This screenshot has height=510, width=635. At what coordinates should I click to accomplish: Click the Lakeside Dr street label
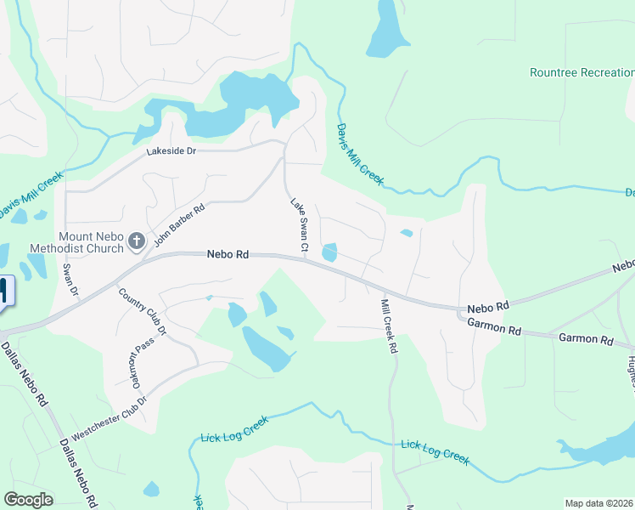[171, 151]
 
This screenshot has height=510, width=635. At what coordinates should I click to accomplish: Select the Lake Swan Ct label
[298, 225]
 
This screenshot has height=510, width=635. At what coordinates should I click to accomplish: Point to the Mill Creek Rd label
[389, 326]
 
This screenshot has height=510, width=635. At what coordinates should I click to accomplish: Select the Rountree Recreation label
[582, 73]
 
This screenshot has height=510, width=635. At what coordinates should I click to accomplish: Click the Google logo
[28, 500]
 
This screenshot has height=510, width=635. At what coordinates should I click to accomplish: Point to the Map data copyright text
[598, 503]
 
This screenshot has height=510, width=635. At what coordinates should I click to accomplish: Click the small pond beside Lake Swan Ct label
[329, 252]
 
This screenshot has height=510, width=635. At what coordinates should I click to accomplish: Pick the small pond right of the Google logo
[151, 489]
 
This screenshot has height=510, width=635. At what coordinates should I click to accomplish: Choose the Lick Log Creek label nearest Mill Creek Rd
[435, 451]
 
